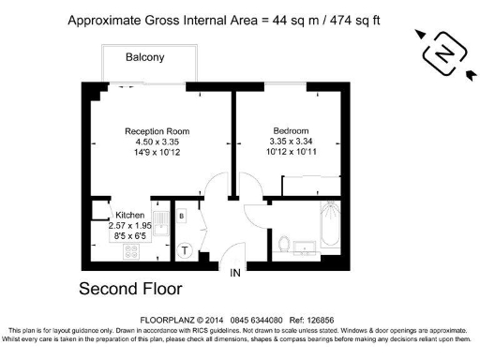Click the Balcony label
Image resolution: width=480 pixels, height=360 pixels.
pyautogui.click(x=145, y=58)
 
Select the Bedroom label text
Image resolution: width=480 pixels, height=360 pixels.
pyautogui.click(x=291, y=131)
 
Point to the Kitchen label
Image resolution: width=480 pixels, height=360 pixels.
pyautogui.click(x=128, y=214)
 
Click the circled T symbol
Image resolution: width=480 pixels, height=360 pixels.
pyautogui.click(x=186, y=250)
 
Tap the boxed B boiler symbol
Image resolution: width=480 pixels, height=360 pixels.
pyautogui.click(x=182, y=216)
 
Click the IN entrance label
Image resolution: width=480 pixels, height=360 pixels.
pyautogui.click(x=238, y=273)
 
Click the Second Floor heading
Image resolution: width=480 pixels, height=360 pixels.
pyautogui.click(x=129, y=289)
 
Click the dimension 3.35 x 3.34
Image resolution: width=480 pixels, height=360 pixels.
pyautogui.click(x=291, y=142)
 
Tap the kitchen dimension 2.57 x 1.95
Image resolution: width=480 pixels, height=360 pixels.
pyautogui.click(x=128, y=225)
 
